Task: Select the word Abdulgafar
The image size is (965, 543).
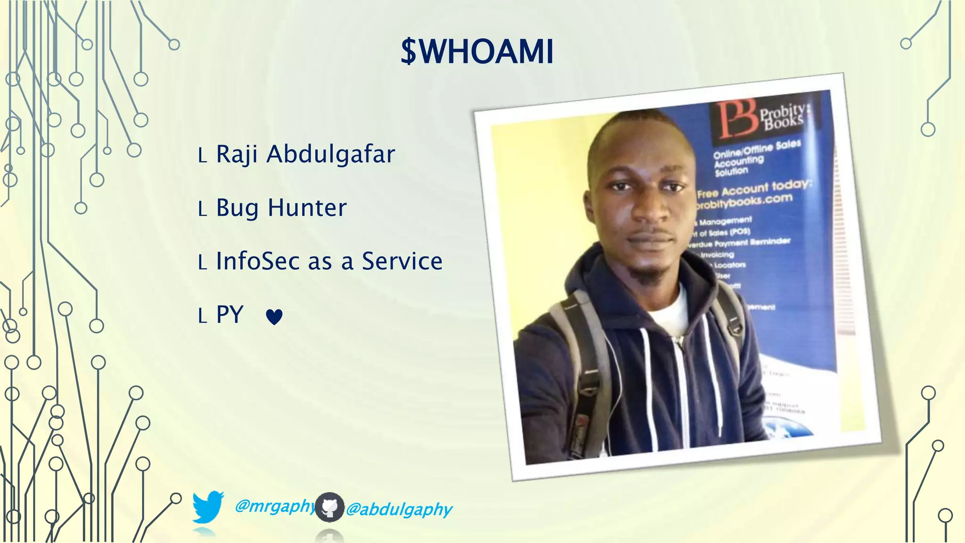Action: (x=330, y=155)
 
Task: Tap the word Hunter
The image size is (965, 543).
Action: (x=307, y=207)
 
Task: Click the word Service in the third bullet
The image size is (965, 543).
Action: (x=402, y=261)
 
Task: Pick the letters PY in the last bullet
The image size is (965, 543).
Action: (x=229, y=314)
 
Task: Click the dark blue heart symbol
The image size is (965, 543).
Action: (x=274, y=317)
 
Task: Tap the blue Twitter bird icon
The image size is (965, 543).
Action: (x=208, y=507)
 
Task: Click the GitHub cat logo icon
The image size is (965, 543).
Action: (x=329, y=507)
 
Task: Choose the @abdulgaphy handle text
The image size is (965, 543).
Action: (x=399, y=510)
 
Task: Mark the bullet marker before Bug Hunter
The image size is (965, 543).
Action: (x=203, y=209)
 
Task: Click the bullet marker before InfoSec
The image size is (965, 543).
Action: (x=203, y=263)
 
